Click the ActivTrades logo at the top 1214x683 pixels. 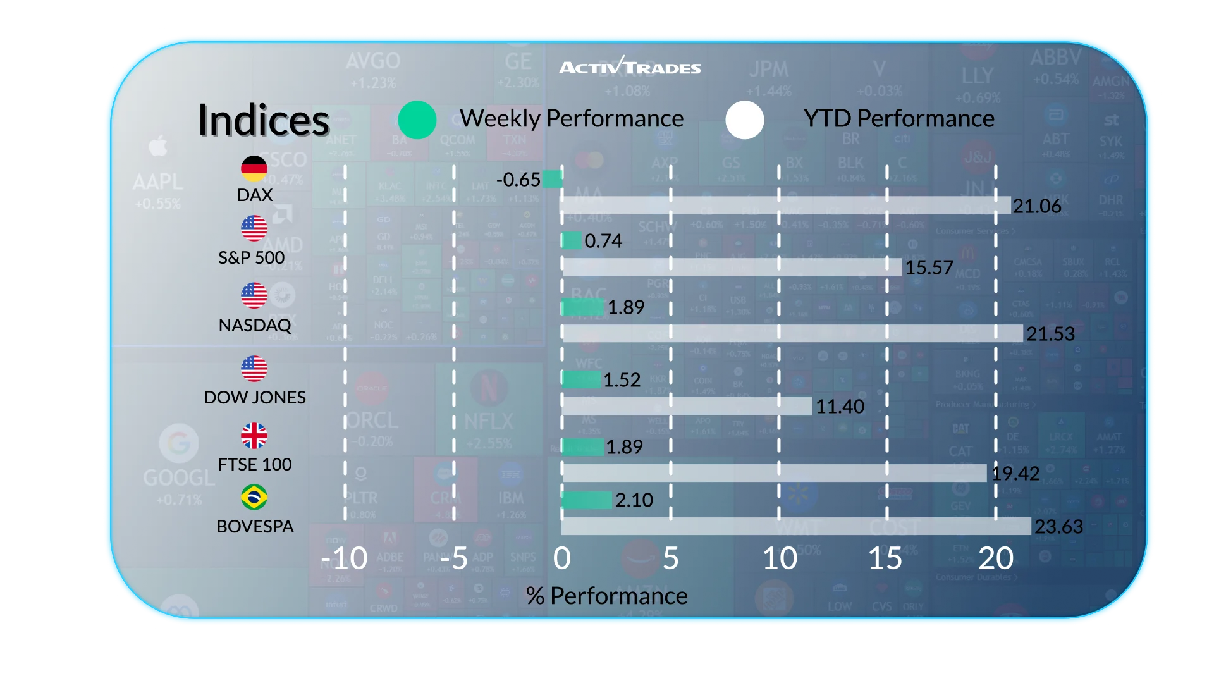click(630, 66)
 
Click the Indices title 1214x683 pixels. click(264, 120)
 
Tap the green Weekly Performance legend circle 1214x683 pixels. click(417, 120)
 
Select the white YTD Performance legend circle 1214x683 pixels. click(745, 120)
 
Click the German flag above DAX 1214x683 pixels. click(254, 168)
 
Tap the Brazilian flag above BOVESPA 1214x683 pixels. click(254, 497)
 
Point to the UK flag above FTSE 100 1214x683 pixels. click(254, 436)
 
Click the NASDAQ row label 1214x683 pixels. click(255, 325)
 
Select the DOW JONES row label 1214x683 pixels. click(255, 397)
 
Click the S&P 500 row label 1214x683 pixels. click(252, 257)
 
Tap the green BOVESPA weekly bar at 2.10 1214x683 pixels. click(586, 500)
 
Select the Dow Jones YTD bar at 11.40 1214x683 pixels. click(687, 406)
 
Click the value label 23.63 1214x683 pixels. click(1059, 526)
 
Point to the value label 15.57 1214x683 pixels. click(929, 268)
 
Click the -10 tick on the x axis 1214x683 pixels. click(344, 558)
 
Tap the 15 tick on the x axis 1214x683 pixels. click(885, 558)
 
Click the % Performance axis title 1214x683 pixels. click(606, 596)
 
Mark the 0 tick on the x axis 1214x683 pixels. click(561, 558)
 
